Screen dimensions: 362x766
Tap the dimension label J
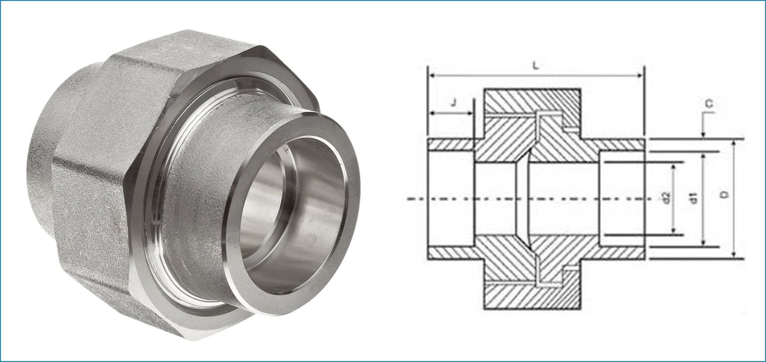pyautogui.click(x=453, y=102)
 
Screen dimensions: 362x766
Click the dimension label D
pyautogui.click(x=724, y=195)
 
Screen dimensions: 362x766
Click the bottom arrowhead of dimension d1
pyautogui.click(x=703, y=244)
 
